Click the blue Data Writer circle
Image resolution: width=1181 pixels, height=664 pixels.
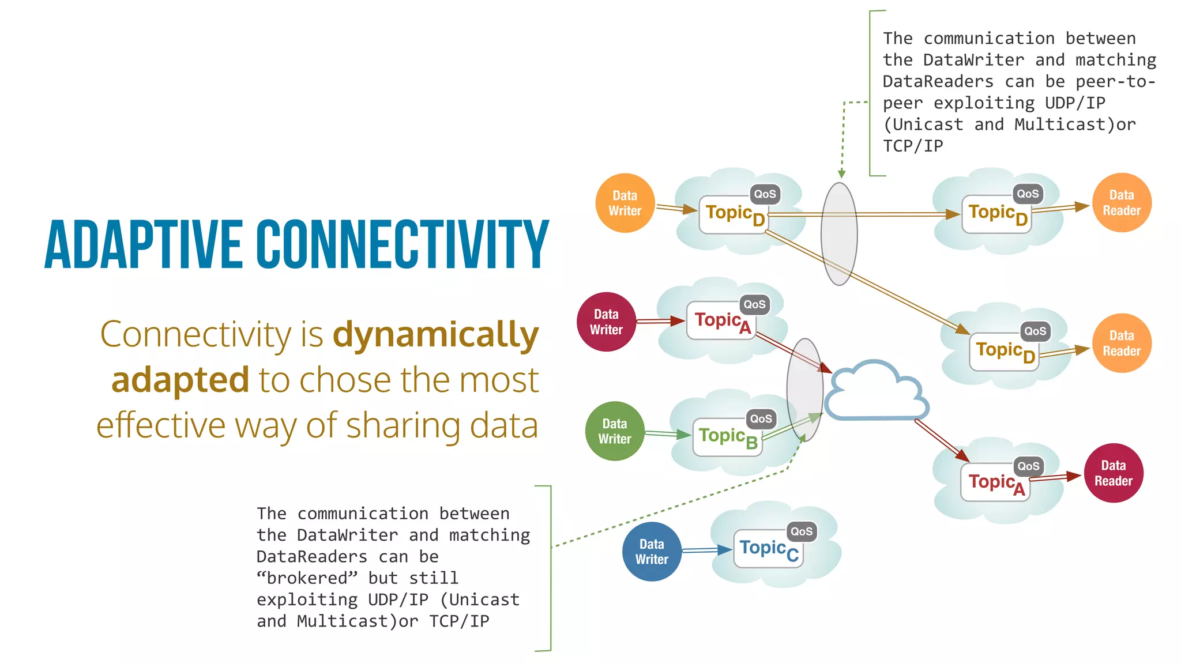(x=652, y=552)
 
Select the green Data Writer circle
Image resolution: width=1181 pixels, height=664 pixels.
(x=615, y=431)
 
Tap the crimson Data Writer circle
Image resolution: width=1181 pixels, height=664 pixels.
(x=606, y=322)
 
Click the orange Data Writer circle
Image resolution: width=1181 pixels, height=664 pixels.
(x=625, y=203)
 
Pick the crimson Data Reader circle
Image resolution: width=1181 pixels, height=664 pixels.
(x=1114, y=473)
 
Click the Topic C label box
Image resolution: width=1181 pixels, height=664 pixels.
(x=768, y=549)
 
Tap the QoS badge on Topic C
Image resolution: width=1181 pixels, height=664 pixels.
(x=802, y=531)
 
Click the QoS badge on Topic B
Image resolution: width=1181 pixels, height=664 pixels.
(x=761, y=419)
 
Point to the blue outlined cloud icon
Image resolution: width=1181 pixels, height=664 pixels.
(x=876, y=393)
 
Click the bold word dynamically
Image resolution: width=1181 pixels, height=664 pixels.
(x=435, y=335)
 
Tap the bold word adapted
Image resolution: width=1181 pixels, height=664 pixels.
(x=180, y=380)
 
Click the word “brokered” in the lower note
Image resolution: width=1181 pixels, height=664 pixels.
(x=307, y=578)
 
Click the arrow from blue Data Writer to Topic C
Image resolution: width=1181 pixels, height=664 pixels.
(x=706, y=551)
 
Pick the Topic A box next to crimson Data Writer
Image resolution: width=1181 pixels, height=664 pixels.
(x=721, y=321)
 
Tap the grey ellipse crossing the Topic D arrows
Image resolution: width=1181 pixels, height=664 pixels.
(x=839, y=233)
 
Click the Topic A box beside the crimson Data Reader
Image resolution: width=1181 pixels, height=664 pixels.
(x=995, y=482)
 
